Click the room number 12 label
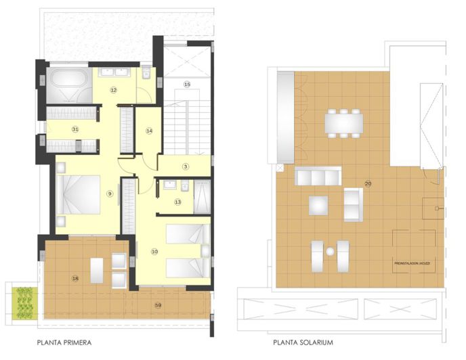click(114, 90)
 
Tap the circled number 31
click(75, 129)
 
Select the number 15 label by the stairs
click(187, 84)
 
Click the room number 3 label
click(184, 166)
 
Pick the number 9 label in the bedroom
click(109, 194)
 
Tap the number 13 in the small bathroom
click(178, 202)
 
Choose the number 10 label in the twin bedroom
click(154, 252)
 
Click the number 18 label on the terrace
click(75, 278)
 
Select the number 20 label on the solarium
click(368, 184)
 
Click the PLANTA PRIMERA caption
click(65, 342)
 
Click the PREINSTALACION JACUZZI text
click(414, 263)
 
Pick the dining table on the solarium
click(343, 123)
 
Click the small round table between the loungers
click(331, 252)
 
